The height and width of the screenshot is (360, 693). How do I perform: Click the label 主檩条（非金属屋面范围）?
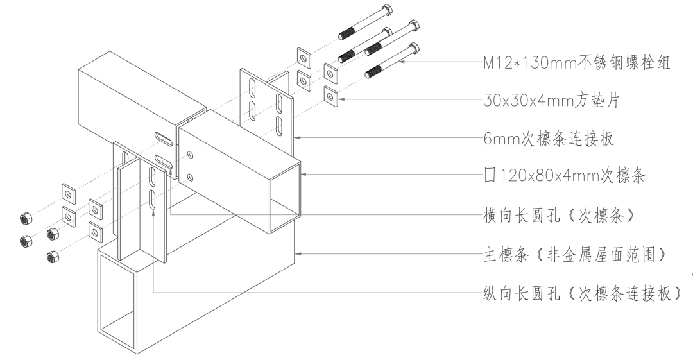(x=574, y=255)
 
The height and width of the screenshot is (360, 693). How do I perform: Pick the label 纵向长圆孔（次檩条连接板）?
(x=580, y=293)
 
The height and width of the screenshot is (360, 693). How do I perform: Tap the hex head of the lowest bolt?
(x=415, y=47)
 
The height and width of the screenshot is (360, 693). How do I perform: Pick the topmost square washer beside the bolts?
(x=304, y=56)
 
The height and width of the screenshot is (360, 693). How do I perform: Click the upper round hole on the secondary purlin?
(x=190, y=155)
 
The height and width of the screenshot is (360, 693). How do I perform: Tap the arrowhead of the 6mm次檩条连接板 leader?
(x=296, y=137)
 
